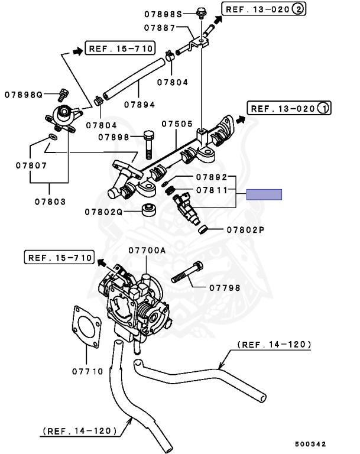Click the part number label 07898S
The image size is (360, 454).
pyautogui.click(x=163, y=14)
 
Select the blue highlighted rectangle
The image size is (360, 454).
pyautogui.click(x=264, y=194)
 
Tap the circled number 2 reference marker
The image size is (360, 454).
pyautogui.click(x=298, y=9)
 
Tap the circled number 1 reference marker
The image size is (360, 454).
pyautogui.click(x=323, y=108)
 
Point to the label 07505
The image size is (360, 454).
pyautogui.click(x=177, y=124)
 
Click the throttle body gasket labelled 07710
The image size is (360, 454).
pyautogui.click(x=86, y=326)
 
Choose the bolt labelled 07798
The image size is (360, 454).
pyautogui.click(x=187, y=272)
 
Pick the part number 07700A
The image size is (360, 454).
pyautogui.click(x=147, y=250)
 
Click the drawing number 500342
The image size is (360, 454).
pyautogui.click(x=310, y=444)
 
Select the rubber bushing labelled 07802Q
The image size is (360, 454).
pyautogui.click(x=149, y=210)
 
